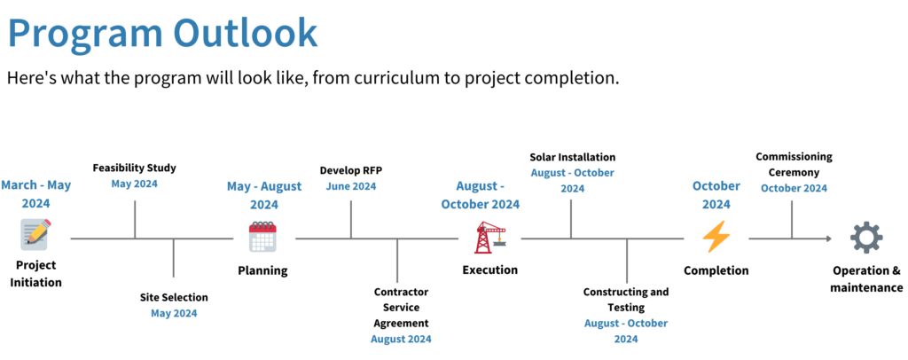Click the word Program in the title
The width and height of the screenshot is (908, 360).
[84, 34]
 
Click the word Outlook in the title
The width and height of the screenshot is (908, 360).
[246, 34]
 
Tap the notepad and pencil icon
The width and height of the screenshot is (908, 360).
[35, 235]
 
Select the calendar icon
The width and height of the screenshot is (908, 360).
[262, 237]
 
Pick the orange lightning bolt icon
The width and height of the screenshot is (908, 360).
[716, 237]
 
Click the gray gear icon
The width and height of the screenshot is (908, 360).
[865, 238]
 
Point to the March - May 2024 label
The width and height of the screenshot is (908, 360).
[35, 193]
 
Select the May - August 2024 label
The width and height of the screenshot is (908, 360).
[264, 194]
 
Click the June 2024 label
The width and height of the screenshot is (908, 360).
[351, 186]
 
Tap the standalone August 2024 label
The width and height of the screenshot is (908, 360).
[401, 339]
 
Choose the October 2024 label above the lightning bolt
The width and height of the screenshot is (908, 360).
[716, 194]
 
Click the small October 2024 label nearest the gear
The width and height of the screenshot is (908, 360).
[794, 188]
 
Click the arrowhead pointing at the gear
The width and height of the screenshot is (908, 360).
[828, 238]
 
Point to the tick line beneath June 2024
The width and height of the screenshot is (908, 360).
[351, 218]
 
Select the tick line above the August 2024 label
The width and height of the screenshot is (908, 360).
[397, 261]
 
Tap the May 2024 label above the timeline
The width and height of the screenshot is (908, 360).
[135, 184]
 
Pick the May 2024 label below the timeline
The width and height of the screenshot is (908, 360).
[174, 313]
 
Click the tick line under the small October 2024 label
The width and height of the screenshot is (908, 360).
[792, 218]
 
